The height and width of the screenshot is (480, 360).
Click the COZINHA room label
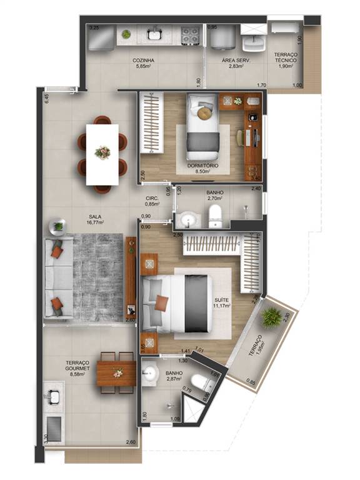pos(143,61)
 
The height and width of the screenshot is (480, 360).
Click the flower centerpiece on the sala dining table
pos(102,152)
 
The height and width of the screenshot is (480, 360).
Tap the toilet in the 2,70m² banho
pos(215,214)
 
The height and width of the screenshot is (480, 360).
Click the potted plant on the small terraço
pos(271,317)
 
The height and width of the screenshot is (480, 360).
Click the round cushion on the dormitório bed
pos(204,112)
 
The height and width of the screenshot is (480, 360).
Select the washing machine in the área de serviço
pos(222,38)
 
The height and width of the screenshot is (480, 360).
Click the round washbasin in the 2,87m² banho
pos(151,374)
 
